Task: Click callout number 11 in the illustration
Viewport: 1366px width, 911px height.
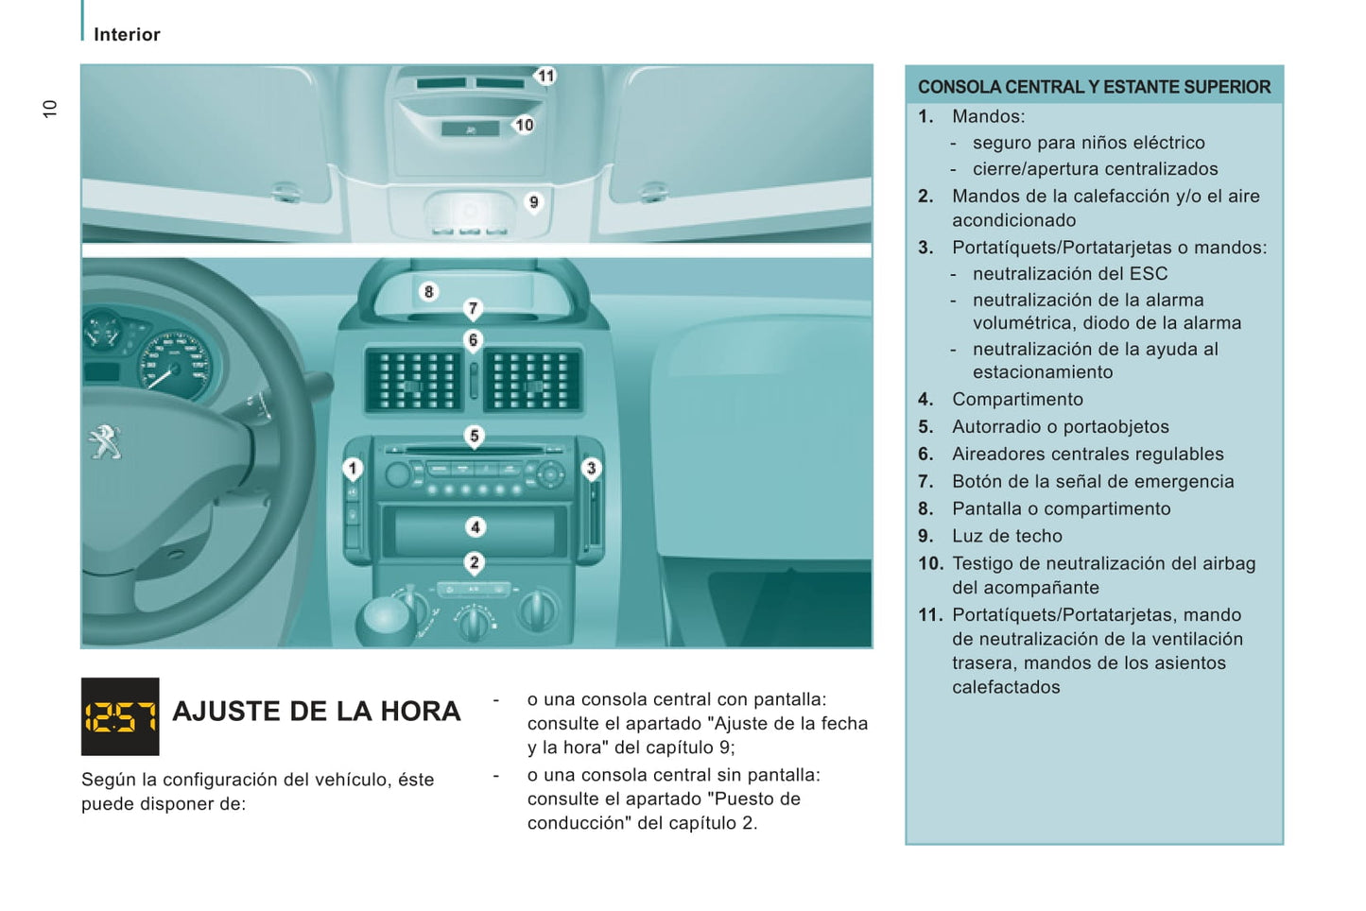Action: point(545,76)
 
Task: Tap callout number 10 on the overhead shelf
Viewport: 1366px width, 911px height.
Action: point(524,125)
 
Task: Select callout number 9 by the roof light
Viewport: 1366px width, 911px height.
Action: point(534,202)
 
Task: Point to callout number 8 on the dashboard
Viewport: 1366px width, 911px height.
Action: point(429,292)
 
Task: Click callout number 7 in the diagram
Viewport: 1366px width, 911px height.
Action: point(474,308)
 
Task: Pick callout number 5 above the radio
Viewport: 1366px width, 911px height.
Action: point(475,436)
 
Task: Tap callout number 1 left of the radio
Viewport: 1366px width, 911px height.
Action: point(353,468)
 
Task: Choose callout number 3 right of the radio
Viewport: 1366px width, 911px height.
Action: point(592,468)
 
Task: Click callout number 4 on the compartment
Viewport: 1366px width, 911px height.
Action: point(476,527)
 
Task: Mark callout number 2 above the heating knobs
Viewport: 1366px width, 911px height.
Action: point(475,563)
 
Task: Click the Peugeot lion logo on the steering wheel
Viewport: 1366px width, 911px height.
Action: point(106,441)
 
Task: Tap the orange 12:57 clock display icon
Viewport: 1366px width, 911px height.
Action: point(120,716)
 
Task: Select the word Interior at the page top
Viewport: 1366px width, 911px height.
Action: point(127,35)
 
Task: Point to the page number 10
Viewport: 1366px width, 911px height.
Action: point(50,109)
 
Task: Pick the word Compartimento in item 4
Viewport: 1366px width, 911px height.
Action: point(1017,400)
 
